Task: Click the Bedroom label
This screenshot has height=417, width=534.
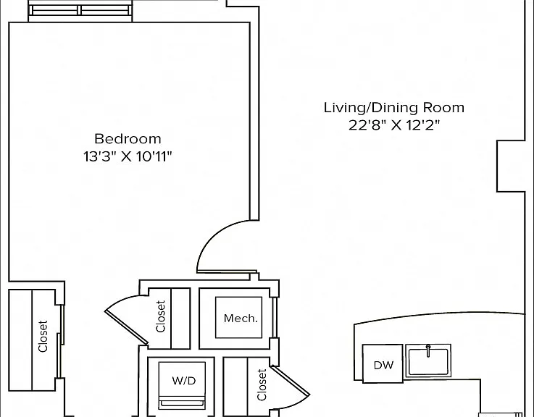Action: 128,139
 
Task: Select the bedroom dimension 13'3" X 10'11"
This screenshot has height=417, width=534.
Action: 128,157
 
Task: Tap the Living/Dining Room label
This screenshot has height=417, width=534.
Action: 393,108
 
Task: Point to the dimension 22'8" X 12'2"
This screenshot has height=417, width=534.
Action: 394,126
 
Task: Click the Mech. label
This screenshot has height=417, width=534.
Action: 241,319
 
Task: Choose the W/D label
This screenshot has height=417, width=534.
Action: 184,380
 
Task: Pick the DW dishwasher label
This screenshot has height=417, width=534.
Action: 383,365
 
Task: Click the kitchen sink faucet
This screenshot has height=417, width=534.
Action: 428,350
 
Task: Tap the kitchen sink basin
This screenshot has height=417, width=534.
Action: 428,361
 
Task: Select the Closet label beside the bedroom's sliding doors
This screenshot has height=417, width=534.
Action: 43,337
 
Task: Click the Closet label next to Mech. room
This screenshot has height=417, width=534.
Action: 160,316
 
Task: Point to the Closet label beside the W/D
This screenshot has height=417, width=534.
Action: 262,385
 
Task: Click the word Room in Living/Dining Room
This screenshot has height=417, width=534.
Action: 443,108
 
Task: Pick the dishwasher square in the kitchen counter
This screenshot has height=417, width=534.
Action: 383,363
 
